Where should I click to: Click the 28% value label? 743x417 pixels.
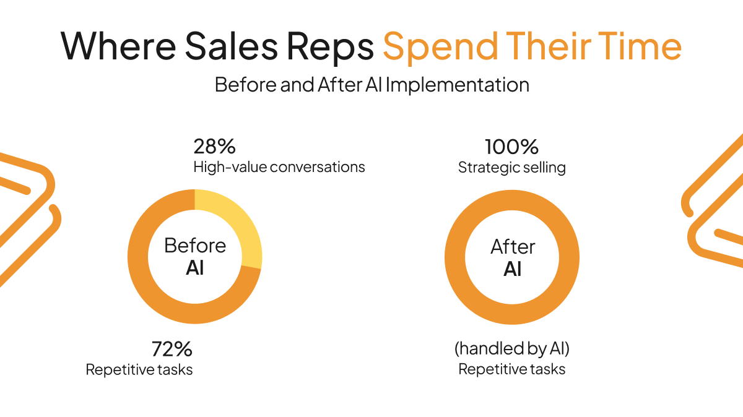tap(214, 147)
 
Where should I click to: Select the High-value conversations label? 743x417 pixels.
tap(279, 167)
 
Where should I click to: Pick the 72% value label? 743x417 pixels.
tap(172, 350)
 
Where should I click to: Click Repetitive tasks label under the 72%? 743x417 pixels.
tap(139, 370)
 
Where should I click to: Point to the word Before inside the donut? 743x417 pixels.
tap(195, 246)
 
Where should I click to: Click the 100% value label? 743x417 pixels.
tap(511, 147)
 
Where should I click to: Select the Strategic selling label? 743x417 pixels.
tap(511, 168)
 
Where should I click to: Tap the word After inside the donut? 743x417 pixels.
tap(513, 247)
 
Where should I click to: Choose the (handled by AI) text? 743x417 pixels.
tap(511, 349)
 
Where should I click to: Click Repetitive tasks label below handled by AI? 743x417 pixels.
tap(511, 369)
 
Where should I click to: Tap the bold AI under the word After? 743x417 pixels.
tap(513, 269)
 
